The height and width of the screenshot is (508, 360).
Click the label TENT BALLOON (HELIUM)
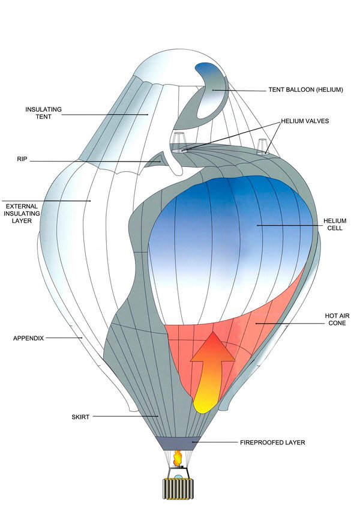(x=305, y=90)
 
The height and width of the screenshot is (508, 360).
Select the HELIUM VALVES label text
(x=305, y=121)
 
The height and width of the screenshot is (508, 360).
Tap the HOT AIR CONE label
(x=333, y=319)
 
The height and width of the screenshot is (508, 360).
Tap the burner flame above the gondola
(x=178, y=458)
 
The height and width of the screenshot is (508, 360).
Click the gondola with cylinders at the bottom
(x=178, y=487)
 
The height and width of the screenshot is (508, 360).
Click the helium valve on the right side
(x=262, y=148)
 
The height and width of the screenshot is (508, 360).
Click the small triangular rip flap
(x=157, y=160)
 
